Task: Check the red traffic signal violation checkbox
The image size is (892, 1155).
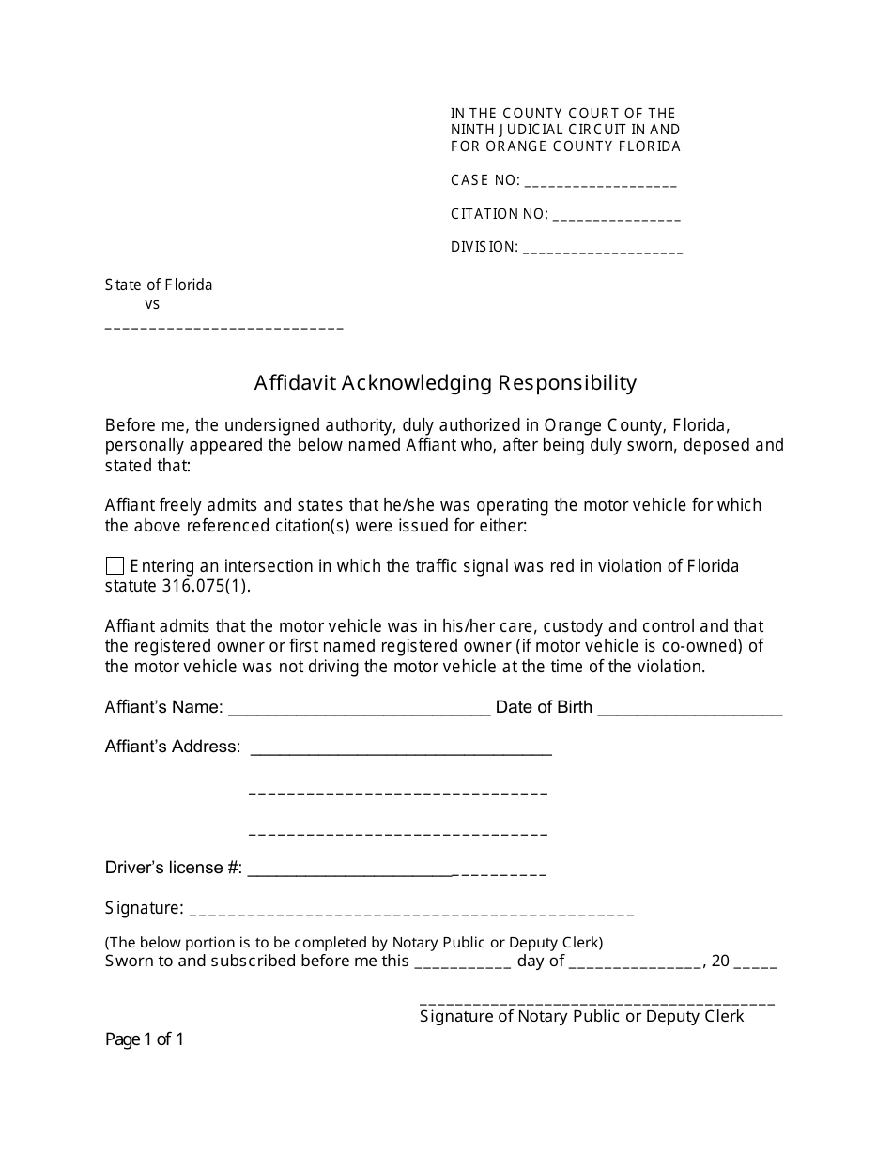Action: point(115,565)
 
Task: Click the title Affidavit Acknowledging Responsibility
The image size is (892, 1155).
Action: point(445,383)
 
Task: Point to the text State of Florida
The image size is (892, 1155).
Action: point(159,285)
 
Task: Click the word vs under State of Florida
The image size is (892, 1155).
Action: point(152,304)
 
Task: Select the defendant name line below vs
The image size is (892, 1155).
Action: point(223,328)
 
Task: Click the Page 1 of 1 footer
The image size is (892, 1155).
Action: point(145,1039)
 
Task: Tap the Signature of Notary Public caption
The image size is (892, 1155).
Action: point(581,1016)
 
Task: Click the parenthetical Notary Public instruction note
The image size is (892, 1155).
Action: point(354,942)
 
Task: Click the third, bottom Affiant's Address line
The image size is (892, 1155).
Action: point(398,833)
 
